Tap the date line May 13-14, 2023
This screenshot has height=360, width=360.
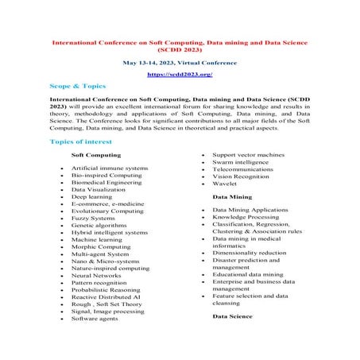coord(179,60)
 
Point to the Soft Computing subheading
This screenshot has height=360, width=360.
coord(96,155)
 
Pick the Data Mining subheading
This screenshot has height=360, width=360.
coord(232,195)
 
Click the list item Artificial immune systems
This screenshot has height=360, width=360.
coord(109,169)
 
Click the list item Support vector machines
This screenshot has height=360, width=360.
coord(250,155)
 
